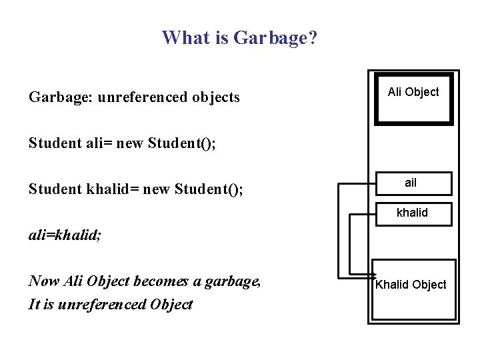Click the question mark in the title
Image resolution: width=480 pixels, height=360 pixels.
point(313,37)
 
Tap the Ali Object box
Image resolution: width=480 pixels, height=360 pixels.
point(413,97)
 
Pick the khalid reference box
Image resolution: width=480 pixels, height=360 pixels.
point(413,213)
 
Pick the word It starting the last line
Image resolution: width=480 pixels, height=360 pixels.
point(35,305)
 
